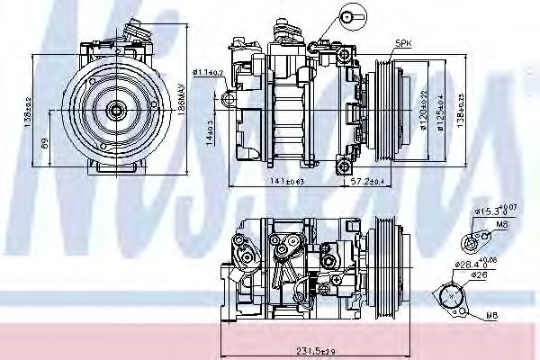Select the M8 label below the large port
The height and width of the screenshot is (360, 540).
tap(490, 316)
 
